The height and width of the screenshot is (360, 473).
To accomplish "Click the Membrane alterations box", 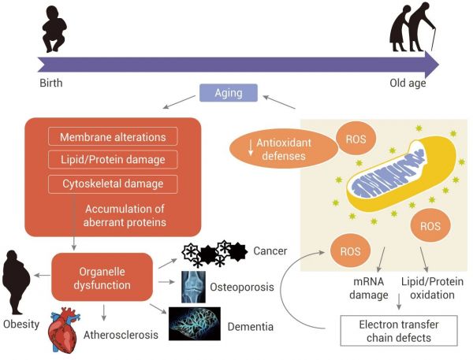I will pyautogui.click(x=114, y=135).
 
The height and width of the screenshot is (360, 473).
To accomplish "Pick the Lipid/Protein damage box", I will pyautogui.click(x=114, y=160).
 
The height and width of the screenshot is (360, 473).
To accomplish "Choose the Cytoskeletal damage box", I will pyautogui.click(x=114, y=184).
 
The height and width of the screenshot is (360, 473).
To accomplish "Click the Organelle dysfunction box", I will pyautogui.click(x=102, y=276).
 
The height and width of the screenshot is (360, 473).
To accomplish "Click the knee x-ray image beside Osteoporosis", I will pyautogui.click(x=195, y=287).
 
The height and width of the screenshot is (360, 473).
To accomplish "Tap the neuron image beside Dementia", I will pyautogui.click(x=193, y=322).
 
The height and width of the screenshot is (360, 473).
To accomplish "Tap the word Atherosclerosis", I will pyautogui.click(x=121, y=334).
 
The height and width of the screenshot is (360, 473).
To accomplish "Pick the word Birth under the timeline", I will pyautogui.click(x=50, y=82).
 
